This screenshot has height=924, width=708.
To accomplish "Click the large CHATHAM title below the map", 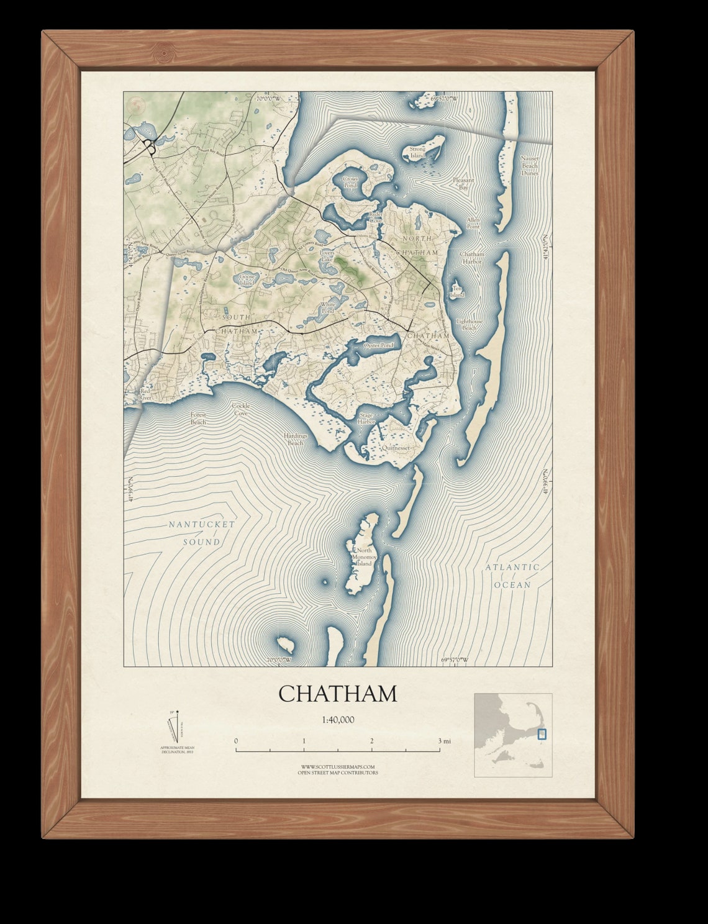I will [x=337, y=694].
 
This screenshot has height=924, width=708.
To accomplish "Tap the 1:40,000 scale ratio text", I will [x=338, y=720].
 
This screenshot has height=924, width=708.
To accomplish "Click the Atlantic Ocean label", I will [x=512, y=576].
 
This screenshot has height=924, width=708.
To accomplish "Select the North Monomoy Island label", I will [x=364, y=557].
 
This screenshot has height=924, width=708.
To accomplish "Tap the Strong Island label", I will [x=417, y=152].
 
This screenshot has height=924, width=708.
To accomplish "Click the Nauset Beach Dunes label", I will [x=530, y=166].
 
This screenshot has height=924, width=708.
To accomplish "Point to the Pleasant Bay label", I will [x=463, y=183].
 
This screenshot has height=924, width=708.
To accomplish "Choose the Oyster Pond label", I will [x=379, y=345].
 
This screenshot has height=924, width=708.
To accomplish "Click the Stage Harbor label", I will [x=366, y=419].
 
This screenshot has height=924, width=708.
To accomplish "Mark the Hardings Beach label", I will [x=296, y=439].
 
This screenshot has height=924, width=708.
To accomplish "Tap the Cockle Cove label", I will [x=240, y=409].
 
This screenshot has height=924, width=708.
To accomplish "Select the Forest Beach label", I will [x=198, y=418].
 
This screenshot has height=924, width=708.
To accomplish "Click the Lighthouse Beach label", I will [x=469, y=324].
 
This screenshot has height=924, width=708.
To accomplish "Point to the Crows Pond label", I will [x=350, y=182].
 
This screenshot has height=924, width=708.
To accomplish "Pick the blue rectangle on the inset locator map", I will [x=542, y=733].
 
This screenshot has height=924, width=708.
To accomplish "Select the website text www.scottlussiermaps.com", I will [x=337, y=767].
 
